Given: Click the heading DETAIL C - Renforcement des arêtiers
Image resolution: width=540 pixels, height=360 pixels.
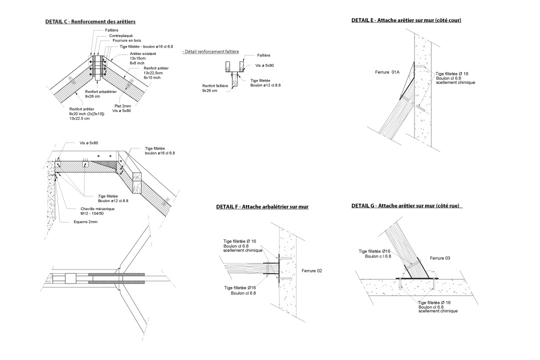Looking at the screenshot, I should click(x=90, y=22).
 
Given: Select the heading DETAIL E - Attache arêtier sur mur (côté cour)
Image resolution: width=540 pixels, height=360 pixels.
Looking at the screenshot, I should click(x=406, y=20).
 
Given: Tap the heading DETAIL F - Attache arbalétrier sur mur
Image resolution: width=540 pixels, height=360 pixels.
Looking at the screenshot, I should click(x=262, y=207).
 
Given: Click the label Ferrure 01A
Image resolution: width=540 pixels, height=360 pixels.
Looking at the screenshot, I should click(x=387, y=72).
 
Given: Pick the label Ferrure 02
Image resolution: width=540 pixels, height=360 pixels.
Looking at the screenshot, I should click(x=311, y=270).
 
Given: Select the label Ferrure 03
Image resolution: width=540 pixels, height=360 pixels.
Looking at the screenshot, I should click(x=440, y=258).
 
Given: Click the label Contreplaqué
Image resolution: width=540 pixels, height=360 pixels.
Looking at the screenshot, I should click(x=121, y=36).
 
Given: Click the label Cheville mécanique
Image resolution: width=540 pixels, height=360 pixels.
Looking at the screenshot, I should click(x=98, y=209).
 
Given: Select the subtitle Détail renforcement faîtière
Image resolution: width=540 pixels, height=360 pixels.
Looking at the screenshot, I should click(x=210, y=51).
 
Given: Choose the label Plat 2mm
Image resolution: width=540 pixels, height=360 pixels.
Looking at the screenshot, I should click(x=122, y=106).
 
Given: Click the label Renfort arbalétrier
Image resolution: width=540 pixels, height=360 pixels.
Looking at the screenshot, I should click(x=101, y=92).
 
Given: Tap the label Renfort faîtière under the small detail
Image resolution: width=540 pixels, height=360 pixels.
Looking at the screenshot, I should click(x=215, y=86).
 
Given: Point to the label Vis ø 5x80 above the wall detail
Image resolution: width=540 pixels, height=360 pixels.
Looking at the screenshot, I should click(x=89, y=143).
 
